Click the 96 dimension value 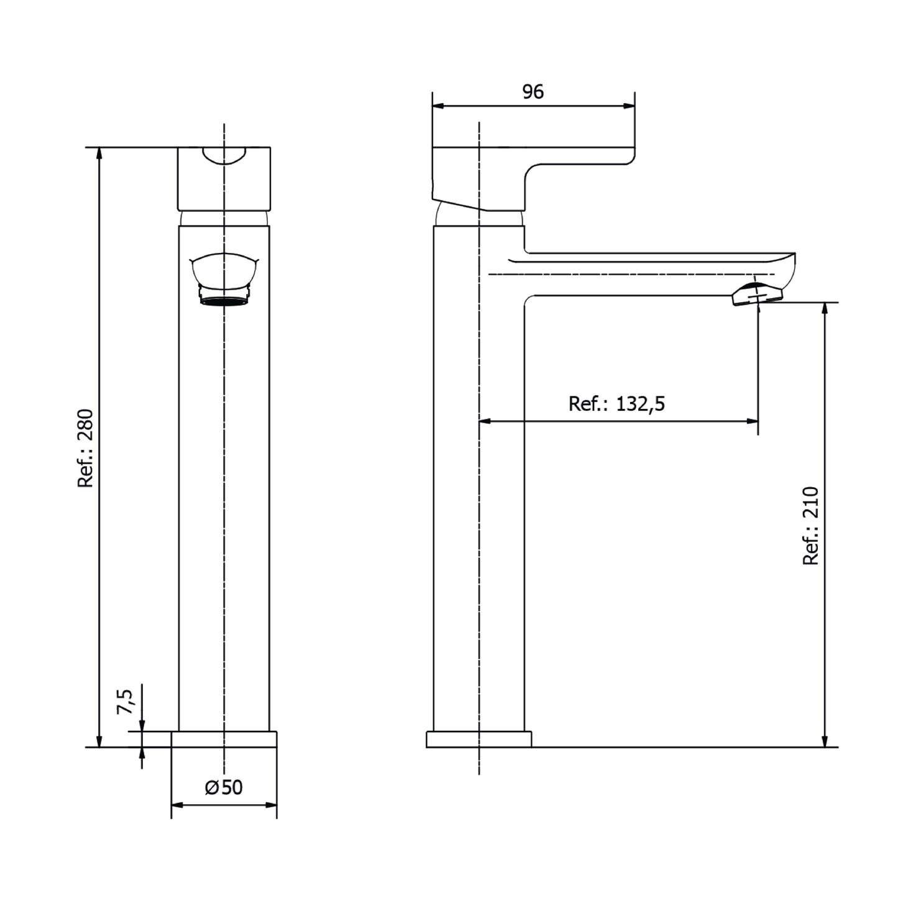coord(533,92)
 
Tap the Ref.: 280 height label coord(86,448)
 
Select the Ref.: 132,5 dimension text coord(616,404)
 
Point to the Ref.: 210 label coord(811,526)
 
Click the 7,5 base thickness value coord(125,702)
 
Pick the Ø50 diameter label coord(224,787)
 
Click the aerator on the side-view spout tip coord(754,295)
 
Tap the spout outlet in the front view coord(224,280)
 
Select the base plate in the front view coord(224,740)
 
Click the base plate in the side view coord(479,740)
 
